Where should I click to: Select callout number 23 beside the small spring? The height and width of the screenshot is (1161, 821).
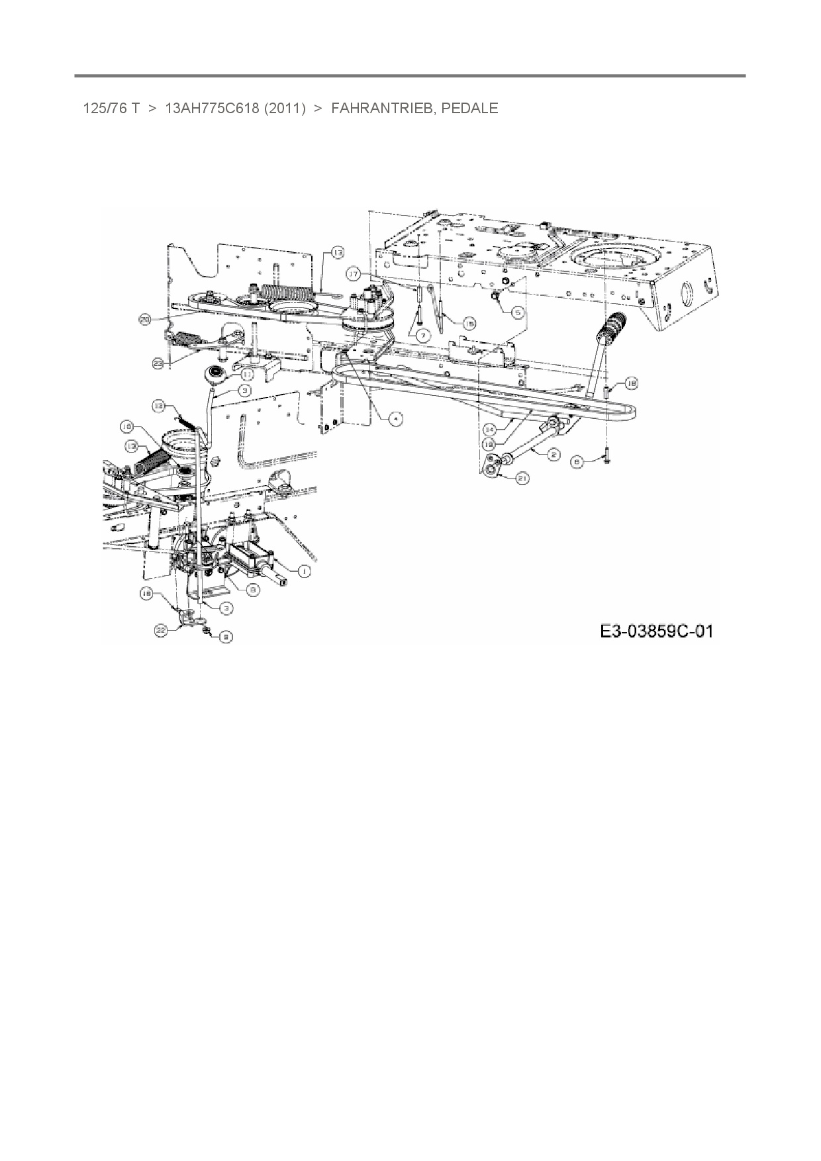pos(158,363)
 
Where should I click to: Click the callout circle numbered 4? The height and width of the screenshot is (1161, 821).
pos(395,419)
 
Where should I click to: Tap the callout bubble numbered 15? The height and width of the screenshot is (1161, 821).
pos(469,323)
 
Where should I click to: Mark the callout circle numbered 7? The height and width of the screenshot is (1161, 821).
pos(421,335)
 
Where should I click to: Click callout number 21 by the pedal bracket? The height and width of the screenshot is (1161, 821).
pos(522,478)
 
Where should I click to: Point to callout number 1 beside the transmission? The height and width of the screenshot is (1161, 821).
pos(304,570)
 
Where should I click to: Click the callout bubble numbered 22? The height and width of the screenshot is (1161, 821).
pos(161,632)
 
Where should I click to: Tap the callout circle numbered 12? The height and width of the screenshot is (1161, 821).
pos(158,405)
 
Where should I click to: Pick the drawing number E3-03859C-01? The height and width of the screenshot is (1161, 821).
pos(656,631)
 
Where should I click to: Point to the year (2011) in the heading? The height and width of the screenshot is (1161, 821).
pos(285,108)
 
